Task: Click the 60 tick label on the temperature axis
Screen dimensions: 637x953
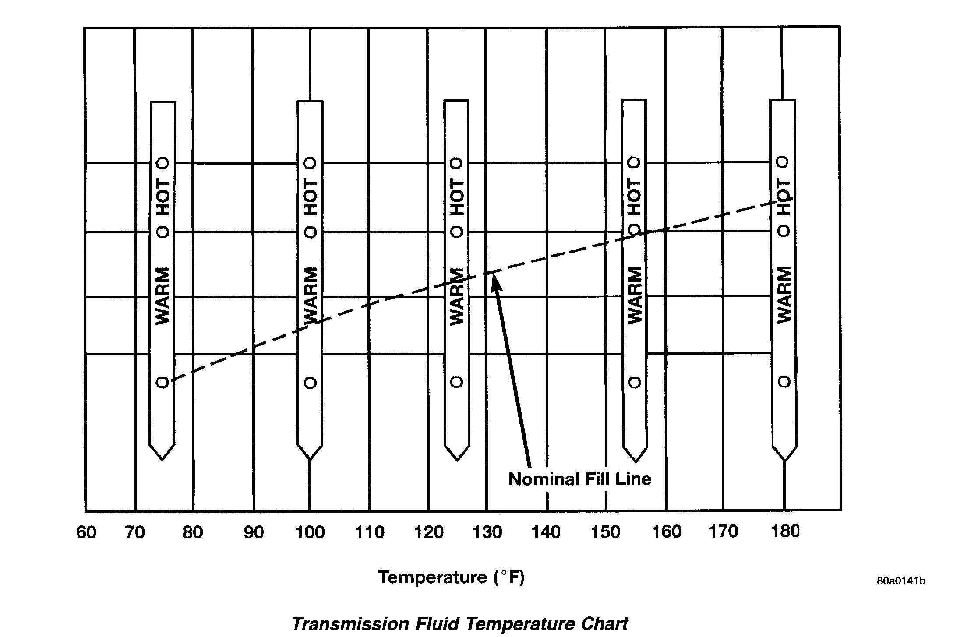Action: (86, 532)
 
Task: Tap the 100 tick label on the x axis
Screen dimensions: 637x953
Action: (310, 532)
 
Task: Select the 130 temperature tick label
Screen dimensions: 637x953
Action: (487, 532)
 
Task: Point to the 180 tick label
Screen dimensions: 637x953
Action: (785, 531)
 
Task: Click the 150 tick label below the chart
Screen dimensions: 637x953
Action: (606, 532)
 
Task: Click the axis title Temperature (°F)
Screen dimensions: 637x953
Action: (451, 577)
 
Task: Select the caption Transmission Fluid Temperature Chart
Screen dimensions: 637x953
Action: (460, 623)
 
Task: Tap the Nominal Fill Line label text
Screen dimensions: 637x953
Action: (579, 479)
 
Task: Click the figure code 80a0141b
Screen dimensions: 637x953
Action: (901, 581)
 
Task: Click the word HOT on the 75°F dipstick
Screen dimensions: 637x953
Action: (163, 197)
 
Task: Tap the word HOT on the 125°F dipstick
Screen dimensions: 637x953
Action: (457, 197)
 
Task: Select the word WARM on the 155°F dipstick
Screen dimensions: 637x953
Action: (635, 296)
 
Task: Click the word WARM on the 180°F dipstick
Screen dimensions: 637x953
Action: (784, 295)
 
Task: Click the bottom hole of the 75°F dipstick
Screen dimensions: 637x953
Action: (162, 382)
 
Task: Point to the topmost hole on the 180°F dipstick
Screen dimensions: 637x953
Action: (783, 162)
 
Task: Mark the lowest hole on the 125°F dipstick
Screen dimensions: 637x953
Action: (457, 382)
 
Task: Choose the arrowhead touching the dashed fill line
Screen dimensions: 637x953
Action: (495, 281)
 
